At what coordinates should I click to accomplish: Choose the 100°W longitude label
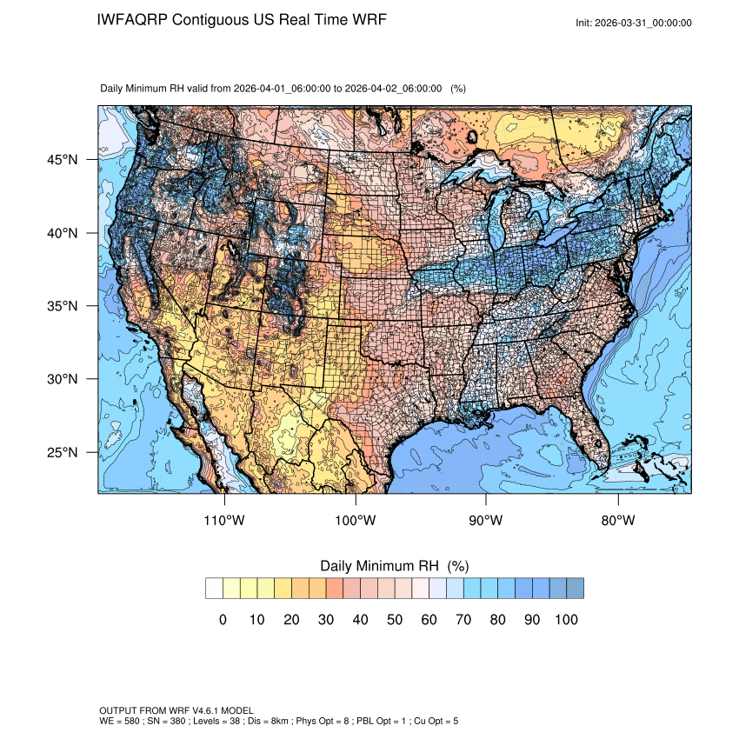[x=356, y=521]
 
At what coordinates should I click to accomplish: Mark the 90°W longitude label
[x=486, y=521]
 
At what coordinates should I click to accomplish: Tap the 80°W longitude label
[x=617, y=521]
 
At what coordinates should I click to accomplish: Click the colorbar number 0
[x=223, y=620]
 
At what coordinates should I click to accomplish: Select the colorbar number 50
[x=395, y=620]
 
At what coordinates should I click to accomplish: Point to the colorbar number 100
[x=566, y=620]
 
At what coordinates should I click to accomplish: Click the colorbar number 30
[x=326, y=620]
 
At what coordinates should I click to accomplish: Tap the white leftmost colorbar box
[x=214, y=589]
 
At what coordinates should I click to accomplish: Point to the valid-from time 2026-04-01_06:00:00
[x=283, y=89]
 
